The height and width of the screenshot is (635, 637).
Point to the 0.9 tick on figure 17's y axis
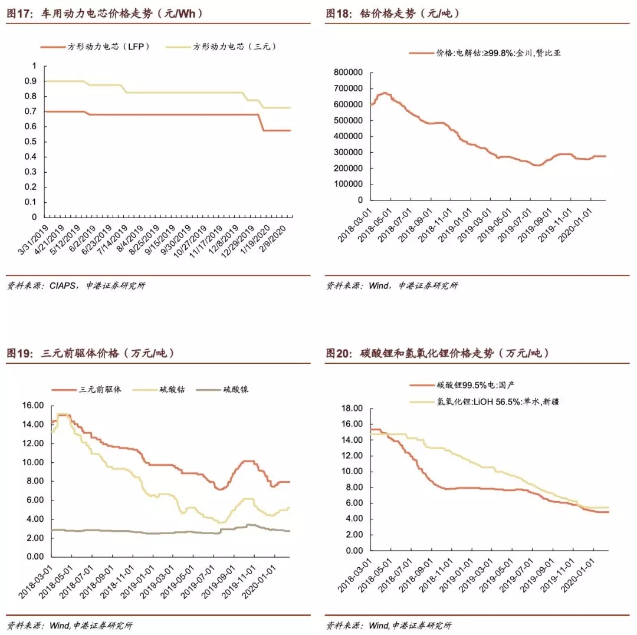click(30, 81)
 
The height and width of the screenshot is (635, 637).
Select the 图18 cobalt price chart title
click(393, 14)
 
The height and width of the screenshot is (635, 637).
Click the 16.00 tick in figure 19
click(32, 406)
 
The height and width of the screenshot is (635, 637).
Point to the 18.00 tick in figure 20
click(352, 408)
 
